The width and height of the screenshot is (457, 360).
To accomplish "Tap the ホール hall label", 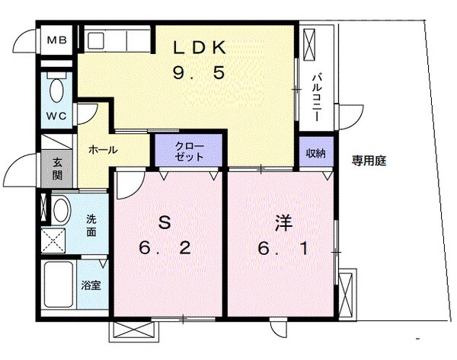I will [103, 150].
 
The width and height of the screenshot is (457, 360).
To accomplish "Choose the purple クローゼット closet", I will [189, 150].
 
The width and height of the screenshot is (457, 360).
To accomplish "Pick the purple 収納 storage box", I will [316, 153].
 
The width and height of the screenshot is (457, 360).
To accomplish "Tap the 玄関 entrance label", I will [58, 167].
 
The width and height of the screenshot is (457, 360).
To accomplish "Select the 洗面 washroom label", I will [91, 225].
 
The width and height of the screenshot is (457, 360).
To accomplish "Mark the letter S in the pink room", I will [162, 222].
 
